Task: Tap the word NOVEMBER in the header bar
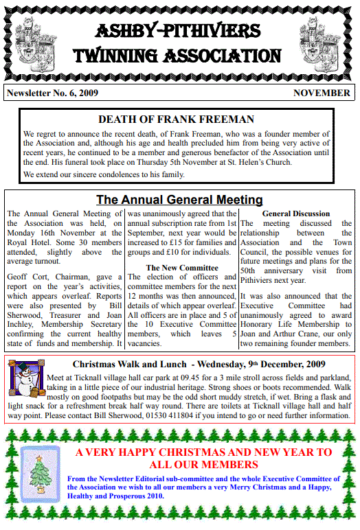[322, 93]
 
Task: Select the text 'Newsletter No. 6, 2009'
[52, 93]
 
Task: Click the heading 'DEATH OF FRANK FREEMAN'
[176, 119]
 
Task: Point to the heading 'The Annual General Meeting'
[179, 200]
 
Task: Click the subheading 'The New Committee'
[182, 267]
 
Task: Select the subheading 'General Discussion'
[296, 214]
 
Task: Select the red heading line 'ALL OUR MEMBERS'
[203, 465]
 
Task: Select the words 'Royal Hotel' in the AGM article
[32, 242]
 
